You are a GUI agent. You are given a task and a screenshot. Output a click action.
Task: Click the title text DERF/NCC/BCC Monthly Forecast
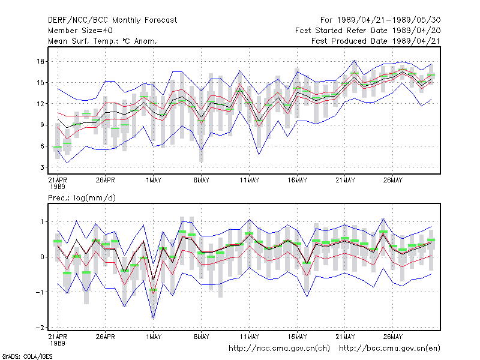coord(112,20)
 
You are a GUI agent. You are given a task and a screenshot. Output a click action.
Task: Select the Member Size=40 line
coord(80,31)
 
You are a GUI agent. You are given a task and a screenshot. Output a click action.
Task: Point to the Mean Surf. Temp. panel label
coord(102,41)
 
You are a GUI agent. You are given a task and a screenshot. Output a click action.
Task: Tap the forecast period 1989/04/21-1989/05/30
coord(380,20)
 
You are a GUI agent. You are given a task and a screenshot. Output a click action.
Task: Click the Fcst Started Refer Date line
coord(368,31)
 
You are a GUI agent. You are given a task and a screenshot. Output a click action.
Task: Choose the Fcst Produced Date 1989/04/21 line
coord(376,41)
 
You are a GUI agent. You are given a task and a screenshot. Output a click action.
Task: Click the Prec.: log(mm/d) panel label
coord(82,198)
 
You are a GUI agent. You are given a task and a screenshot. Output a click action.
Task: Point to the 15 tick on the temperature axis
coord(41,83)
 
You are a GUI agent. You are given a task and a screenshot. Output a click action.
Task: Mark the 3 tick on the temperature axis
coord(42,167)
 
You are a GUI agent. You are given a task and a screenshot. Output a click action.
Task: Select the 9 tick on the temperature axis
coord(42,125)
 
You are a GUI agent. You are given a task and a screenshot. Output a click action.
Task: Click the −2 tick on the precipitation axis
coord(40,328)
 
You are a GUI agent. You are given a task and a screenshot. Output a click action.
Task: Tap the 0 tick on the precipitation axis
coord(42,257)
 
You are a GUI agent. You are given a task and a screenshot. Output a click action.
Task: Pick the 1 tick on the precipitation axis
coord(42,221)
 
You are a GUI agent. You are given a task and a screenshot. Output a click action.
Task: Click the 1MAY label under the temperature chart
coord(154,181)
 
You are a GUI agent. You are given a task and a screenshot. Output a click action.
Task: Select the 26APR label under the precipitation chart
coord(106,337)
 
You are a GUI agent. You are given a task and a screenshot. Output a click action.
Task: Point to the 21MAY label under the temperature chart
coord(345,181)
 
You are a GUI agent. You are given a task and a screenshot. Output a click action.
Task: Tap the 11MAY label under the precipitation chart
coord(249,337)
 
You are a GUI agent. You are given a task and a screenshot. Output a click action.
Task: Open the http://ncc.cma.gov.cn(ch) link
coord(279,349)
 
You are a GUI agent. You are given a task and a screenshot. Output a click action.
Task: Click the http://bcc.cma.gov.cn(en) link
coord(389,349)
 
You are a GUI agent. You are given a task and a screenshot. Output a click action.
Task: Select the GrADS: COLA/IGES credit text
coord(27,356)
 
